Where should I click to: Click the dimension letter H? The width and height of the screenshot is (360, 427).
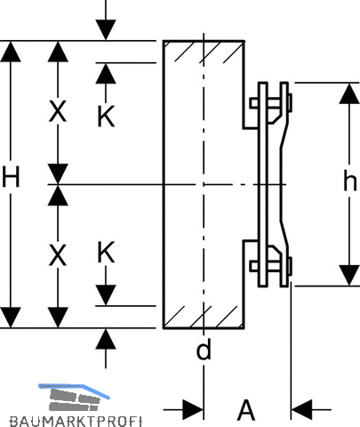pos(11,177)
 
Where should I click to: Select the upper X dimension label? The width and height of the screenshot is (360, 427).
pos(58,111)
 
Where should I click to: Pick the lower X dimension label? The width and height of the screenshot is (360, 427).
pos(58,255)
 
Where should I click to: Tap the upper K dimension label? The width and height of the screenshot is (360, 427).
pos(106,117)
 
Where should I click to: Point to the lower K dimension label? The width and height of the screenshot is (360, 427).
pos(106,252)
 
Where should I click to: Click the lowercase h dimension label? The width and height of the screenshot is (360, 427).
pos(349,181)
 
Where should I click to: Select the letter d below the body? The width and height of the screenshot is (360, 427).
pos(204,350)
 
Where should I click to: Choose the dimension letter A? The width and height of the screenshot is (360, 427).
pos(246,410)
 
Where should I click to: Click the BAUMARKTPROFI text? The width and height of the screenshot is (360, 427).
pos(76,422)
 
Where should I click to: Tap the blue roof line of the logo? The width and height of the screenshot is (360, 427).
pos(74,388)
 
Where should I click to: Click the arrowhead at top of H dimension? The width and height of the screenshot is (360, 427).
pos(11,52)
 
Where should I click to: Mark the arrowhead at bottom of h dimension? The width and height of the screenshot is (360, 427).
pos(349,275)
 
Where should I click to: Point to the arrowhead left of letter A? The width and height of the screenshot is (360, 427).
pos(193,410)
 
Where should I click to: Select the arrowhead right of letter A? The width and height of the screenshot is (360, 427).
pos(302,410)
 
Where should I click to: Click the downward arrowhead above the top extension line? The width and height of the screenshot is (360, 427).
pos(106,30)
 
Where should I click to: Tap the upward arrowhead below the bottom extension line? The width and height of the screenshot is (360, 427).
pos(106,339)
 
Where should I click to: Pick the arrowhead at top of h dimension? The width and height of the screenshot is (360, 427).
pos(349,93)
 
